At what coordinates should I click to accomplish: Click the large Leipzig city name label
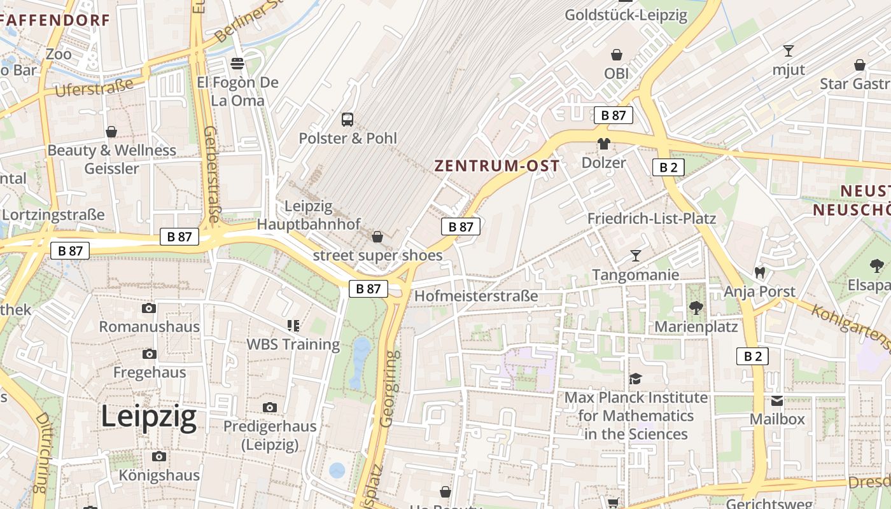[x=149, y=418]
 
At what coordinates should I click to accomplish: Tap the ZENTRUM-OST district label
[x=497, y=166]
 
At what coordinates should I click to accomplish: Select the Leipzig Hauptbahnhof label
[x=309, y=215]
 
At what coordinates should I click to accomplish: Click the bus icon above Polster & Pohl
[x=347, y=119]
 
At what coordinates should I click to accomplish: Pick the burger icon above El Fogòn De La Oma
[x=237, y=64]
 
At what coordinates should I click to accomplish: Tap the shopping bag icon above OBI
[x=616, y=55]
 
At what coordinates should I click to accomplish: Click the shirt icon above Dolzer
[x=603, y=144]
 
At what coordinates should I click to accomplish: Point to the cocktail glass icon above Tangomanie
[x=635, y=256]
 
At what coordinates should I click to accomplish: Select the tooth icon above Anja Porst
[x=759, y=272]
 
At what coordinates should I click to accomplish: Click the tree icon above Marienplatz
[x=696, y=308]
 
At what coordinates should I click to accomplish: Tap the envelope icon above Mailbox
[x=777, y=401]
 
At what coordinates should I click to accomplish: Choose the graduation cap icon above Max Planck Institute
[x=635, y=379]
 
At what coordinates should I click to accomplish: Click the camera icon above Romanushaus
[x=149, y=309]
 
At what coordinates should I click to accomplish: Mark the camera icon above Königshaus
[x=159, y=456]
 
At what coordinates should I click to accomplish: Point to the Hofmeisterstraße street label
[x=476, y=296]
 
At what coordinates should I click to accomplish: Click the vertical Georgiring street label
[x=389, y=388]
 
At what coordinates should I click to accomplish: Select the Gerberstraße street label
[x=211, y=173]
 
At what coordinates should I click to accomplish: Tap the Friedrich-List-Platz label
[x=651, y=219]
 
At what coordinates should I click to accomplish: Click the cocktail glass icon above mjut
[x=789, y=51]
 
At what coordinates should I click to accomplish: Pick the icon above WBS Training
[x=293, y=326]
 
